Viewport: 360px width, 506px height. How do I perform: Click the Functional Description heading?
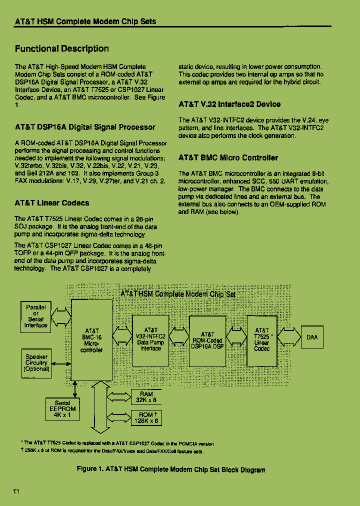tap(61, 48)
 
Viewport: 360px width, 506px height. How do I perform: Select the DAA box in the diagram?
tap(311, 337)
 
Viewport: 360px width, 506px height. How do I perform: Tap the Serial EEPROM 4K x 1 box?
tap(62, 409)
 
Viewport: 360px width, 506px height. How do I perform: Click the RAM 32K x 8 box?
tap(146, 397)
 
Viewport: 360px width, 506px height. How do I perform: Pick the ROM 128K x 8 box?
tap(146, 417)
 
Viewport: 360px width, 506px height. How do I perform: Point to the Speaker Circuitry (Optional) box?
tap(36, 363)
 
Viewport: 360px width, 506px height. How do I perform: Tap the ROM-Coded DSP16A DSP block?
tap(207, 340)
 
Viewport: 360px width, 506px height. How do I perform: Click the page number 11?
tap(16, 491)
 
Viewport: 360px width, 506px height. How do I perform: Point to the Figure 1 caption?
tap(171, 469)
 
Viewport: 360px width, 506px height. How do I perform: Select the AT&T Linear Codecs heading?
tap(52, 203)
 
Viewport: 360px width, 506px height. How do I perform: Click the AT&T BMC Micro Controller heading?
tap(228, 158)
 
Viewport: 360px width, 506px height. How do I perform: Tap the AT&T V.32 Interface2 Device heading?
tap(229, 104)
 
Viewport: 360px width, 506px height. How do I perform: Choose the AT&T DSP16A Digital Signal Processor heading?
tap(85, 127)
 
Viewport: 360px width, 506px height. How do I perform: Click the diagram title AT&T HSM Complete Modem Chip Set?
tap(178, 294)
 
